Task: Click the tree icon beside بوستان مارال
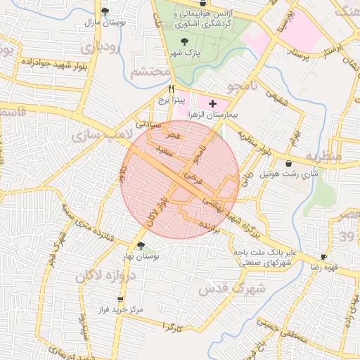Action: click(x=105, y=11)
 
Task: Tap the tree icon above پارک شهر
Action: click(x=184, y=41)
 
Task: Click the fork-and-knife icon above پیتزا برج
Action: click(x=172, y=90)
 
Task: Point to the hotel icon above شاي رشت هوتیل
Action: click(x=289, y=163)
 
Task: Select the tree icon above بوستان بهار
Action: click(x=142, y=246)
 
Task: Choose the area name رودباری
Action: click(x=101, y=49)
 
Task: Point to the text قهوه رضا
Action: click(x=325, y=268)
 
